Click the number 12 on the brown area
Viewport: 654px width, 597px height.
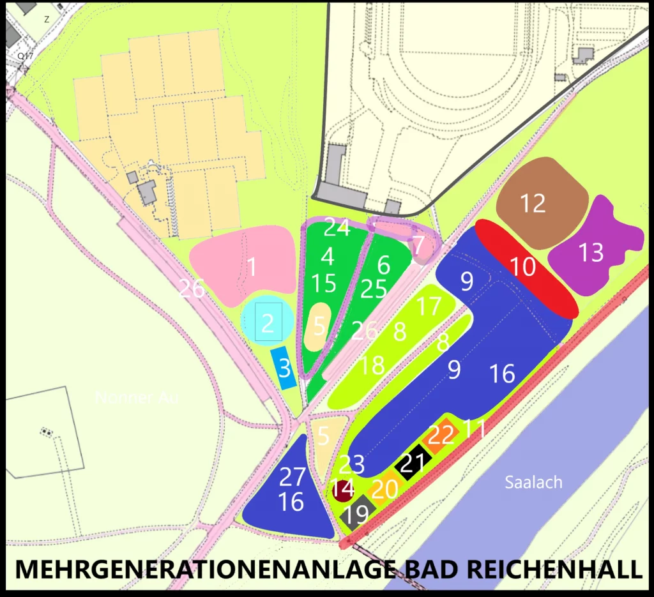(x=533, y=204)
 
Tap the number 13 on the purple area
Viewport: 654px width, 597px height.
(x=591, y=253)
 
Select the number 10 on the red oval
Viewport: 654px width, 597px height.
(x=523, y=266)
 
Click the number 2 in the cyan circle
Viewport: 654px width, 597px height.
(x=268, y=324)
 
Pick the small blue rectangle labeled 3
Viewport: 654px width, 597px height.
(x=284, y=368)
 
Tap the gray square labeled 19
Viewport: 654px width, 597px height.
(x=357, y=513)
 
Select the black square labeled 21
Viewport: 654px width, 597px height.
(x=413, y=463)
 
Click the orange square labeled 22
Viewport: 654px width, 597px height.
(x=441, y=436)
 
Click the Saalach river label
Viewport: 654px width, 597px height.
(x=533, y=482)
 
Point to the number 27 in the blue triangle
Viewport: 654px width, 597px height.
(x=292, y=476)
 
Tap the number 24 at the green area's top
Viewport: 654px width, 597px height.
(x=337, y=227)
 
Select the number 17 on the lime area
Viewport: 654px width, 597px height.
(x=429, y=307)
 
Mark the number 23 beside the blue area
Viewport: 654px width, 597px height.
(x=351, y=464)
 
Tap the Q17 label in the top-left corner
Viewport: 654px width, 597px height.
(x=25, y=56)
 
